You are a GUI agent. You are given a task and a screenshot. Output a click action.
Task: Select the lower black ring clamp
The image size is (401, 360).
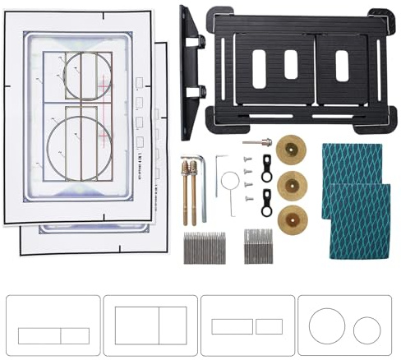pos(267,201)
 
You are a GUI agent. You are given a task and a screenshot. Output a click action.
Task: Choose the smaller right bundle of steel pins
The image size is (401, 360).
pos(258,246)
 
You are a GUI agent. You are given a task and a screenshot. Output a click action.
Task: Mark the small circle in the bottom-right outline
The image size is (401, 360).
pos(366,330)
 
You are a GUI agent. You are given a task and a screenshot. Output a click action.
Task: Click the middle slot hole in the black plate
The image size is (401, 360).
pos(291,65)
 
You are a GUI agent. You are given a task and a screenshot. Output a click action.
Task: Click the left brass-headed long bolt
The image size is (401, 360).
pos(186,190)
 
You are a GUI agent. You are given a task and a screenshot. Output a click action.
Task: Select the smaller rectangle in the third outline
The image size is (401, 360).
pos(269,326)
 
